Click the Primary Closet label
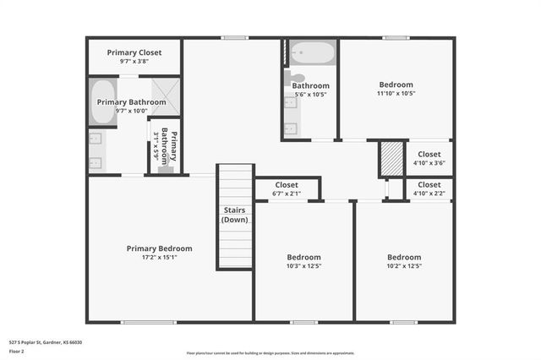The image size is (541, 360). coord(134,52)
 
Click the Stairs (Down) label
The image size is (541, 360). coord(235,215)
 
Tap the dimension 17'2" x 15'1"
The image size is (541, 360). coord(159,257)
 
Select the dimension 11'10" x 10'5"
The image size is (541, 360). coord(396,94)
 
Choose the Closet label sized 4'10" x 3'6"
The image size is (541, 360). coord(429,154)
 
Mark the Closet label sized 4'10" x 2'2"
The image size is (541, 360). coord(429,184)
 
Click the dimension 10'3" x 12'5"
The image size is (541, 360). coord(303,265)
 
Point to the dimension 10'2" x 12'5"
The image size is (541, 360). coord(404,265)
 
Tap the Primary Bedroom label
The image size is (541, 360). coord(159,248)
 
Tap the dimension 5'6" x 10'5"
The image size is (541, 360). coord(310,94)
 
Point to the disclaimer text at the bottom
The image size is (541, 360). coord(270,352)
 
